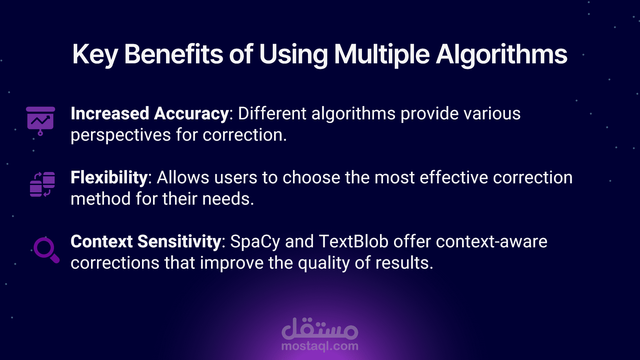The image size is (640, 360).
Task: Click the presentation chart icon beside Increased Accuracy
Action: (40, 121)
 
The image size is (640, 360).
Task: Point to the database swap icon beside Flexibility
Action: (42, 184)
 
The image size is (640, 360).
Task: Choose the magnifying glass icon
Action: (46, 250)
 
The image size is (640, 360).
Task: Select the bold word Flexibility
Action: (109, 178)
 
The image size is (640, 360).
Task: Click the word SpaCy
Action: (255, 242)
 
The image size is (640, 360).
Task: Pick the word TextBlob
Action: (354, 241)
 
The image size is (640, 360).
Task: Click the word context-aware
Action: (491, 242)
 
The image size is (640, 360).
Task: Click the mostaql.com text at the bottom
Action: (320, 346)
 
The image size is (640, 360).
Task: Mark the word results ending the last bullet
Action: (404, 263)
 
